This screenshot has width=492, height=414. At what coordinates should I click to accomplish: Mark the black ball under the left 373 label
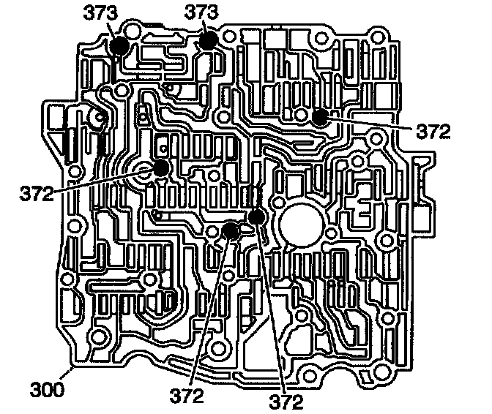pyautogui.click(x=119, y=46)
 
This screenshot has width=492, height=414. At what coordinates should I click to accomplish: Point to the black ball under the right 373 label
pyautogui.click(x=209, y=39)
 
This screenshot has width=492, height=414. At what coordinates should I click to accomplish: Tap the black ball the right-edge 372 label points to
pyautogui.click(x=320, y=117)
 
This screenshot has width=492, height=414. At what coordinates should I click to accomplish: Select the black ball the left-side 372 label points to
pyautogui.click(x=160, y=168)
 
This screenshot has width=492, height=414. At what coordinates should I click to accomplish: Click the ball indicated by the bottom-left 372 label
pyautogui.click(x=231, y=232)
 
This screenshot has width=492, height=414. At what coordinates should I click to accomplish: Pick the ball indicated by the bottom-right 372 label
pyautogui.click(x=256, y=217)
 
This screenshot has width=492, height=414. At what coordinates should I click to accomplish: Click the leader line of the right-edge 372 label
pyautogui.click(x=373, y=124)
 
